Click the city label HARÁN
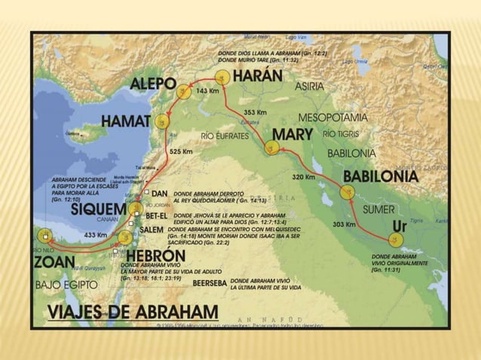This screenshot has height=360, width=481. (x=257, y=76)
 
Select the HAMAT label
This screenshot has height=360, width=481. (x=127, y=121)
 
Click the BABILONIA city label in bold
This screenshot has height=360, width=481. (x=380, y=176)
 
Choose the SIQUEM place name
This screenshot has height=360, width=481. (x=97, y=210)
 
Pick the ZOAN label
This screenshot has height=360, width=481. (x=54, y=262)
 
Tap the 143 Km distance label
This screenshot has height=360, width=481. (x=207, y=90)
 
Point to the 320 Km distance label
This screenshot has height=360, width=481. (x=303, y=177)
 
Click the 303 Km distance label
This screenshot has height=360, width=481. (x=344, y=224)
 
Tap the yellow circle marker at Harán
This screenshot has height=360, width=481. (x=221, y=78)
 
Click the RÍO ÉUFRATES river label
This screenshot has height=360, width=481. (x=229, y=136)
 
